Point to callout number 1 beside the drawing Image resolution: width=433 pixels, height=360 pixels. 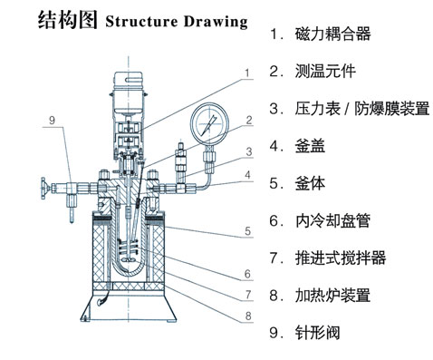(x=246, y=71)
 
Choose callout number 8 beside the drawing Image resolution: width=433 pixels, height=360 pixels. (x=246, y=316)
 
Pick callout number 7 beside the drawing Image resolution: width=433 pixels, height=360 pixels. (x=246, y=295)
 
